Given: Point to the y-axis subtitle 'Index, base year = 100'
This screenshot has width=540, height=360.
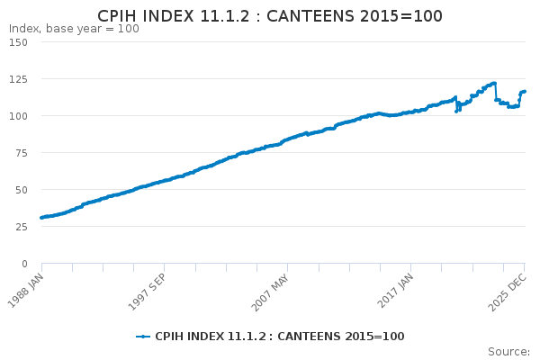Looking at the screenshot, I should (74, 29).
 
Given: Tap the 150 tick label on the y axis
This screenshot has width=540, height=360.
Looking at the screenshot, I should (18, 42).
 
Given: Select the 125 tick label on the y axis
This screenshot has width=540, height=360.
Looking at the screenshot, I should (18, 79).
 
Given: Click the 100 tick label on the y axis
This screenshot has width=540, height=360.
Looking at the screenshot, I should (18, 116).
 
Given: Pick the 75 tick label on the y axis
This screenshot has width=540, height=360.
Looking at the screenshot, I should (21, 153).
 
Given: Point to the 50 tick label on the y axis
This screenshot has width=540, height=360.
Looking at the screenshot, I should (21, 190).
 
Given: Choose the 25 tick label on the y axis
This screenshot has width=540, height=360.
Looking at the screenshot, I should (21, 227).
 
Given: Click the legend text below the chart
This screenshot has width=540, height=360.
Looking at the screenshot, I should (279, 337).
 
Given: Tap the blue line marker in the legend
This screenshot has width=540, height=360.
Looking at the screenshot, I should (143, 337).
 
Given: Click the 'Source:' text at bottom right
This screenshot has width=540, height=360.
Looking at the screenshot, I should (508, 351).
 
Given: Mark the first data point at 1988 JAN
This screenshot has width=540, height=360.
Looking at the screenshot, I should (41, 218).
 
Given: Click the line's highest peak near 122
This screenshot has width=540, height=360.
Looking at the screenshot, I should (494, 83).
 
